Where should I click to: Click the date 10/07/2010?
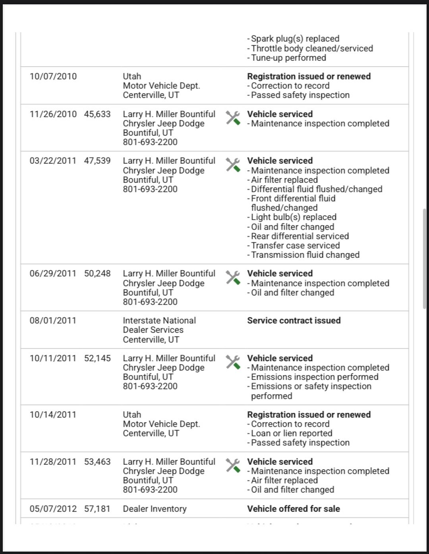(53, 77)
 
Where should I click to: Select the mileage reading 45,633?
(97, 114)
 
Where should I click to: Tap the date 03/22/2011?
(53, 161)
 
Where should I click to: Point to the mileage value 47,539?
(97, 161)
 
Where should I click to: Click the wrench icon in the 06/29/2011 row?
(233, 278)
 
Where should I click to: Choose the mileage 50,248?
(97, 274)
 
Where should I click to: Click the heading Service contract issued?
(294, 320)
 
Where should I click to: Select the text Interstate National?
(159, 320)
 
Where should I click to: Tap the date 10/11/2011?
(53, 358)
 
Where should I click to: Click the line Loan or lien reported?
(292, 433)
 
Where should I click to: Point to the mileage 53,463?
(97, 462)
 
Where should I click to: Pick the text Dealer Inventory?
(155, 509)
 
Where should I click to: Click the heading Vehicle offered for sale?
(293, 509)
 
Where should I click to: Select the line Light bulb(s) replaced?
(294, 217)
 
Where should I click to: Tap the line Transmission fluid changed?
(305, 255)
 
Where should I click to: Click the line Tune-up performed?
(288, 58)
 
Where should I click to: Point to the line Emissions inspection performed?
(315, 377)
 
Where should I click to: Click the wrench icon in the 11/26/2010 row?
(233, 118)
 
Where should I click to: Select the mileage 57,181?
(97, 509)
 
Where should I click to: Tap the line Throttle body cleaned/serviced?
(312, 48)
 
